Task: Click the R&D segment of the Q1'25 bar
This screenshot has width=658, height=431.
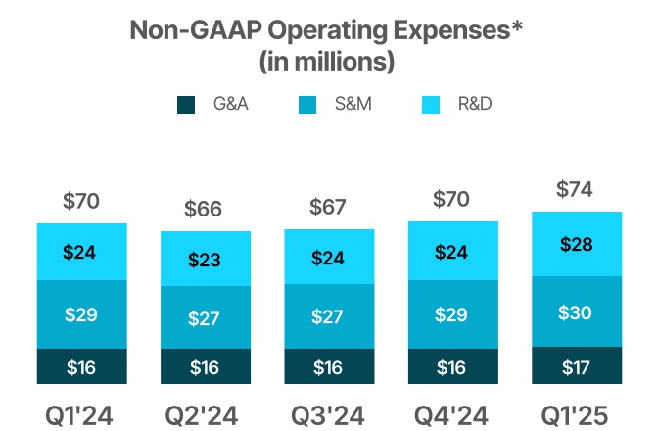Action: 577,244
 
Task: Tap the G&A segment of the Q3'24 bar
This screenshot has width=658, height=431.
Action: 329,366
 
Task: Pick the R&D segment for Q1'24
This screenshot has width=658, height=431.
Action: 82,252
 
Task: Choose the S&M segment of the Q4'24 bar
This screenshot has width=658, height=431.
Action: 452,314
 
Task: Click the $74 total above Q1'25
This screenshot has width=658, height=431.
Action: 577,190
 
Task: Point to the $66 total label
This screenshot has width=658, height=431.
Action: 206,209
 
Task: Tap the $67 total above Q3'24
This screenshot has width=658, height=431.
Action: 329,208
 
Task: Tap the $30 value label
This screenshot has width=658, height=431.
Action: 577,311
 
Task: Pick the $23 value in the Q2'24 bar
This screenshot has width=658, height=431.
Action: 206,260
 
